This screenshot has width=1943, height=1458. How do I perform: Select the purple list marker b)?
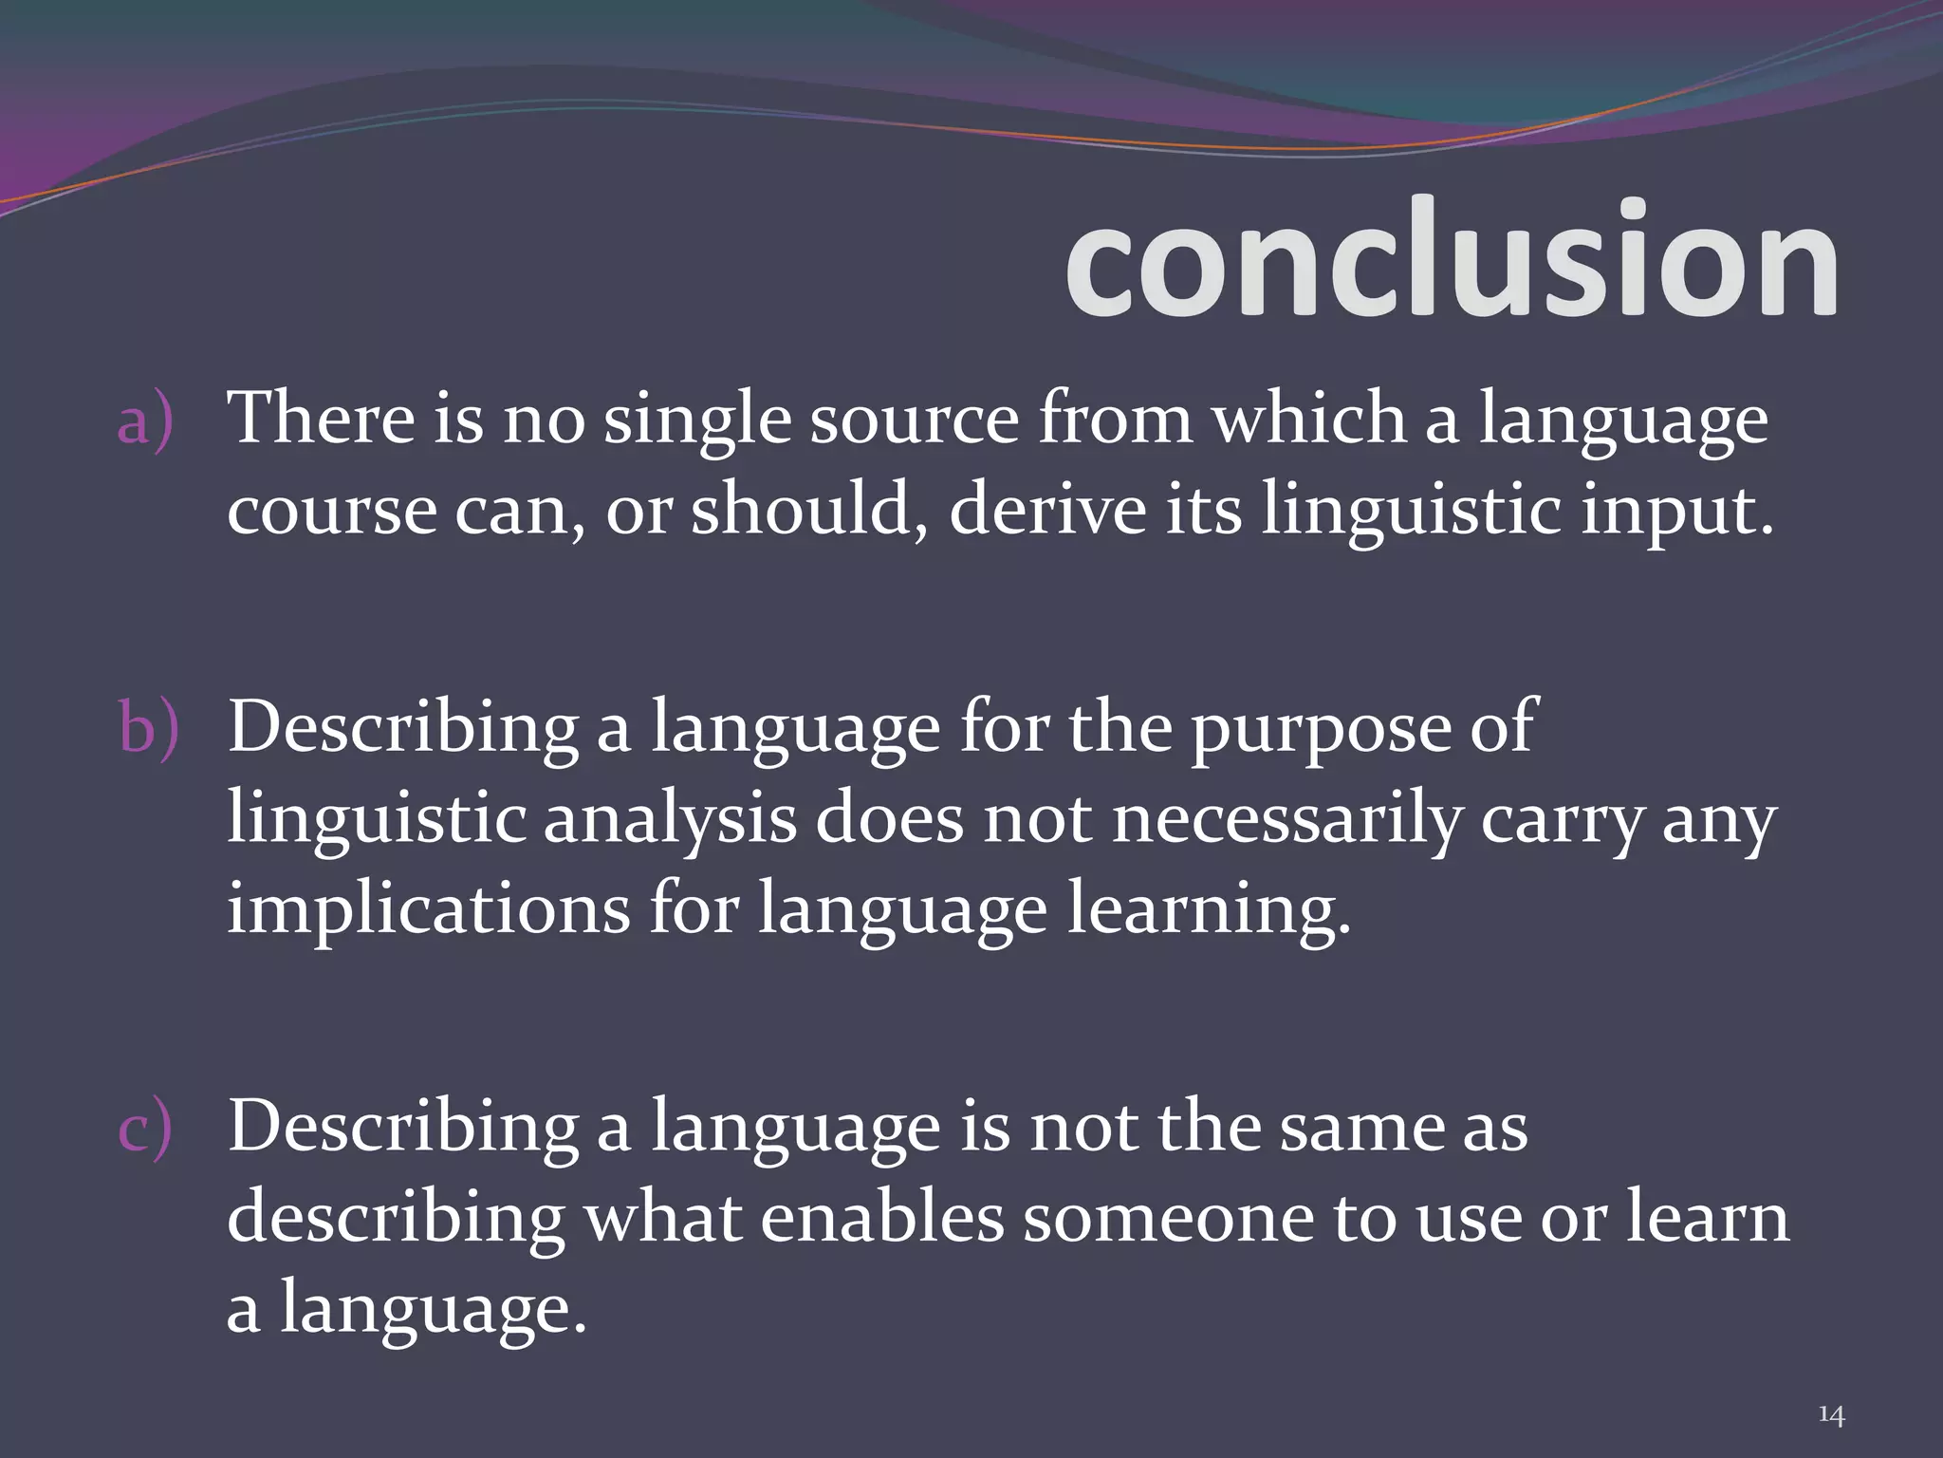(x=148, y=727)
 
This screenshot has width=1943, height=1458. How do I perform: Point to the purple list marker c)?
(x=145, y=1128)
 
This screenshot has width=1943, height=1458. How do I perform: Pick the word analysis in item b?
(x=670, y=819)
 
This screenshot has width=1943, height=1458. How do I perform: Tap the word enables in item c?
(x=881, y=1218)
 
